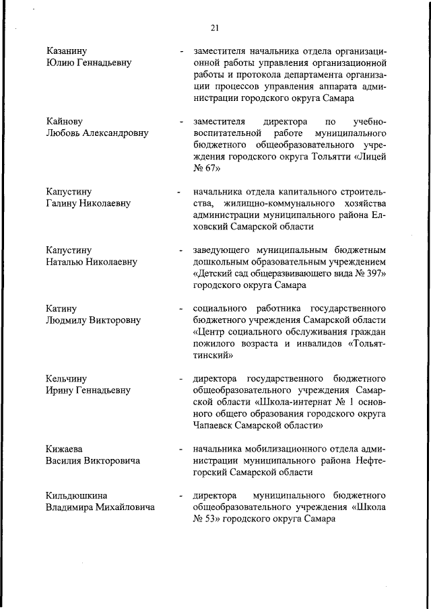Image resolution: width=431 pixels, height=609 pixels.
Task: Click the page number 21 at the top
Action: click(x=215, y=28)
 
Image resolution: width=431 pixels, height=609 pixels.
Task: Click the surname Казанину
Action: click(x=67, y=50)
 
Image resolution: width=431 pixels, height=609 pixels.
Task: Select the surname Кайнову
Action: click(x=65, y=122)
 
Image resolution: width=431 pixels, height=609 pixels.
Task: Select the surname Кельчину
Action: click(x=67, y=379)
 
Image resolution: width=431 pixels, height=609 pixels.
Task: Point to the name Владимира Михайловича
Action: click(x=100, y=507)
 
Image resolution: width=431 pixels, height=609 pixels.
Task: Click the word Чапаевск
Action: click(x=215, y=425)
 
